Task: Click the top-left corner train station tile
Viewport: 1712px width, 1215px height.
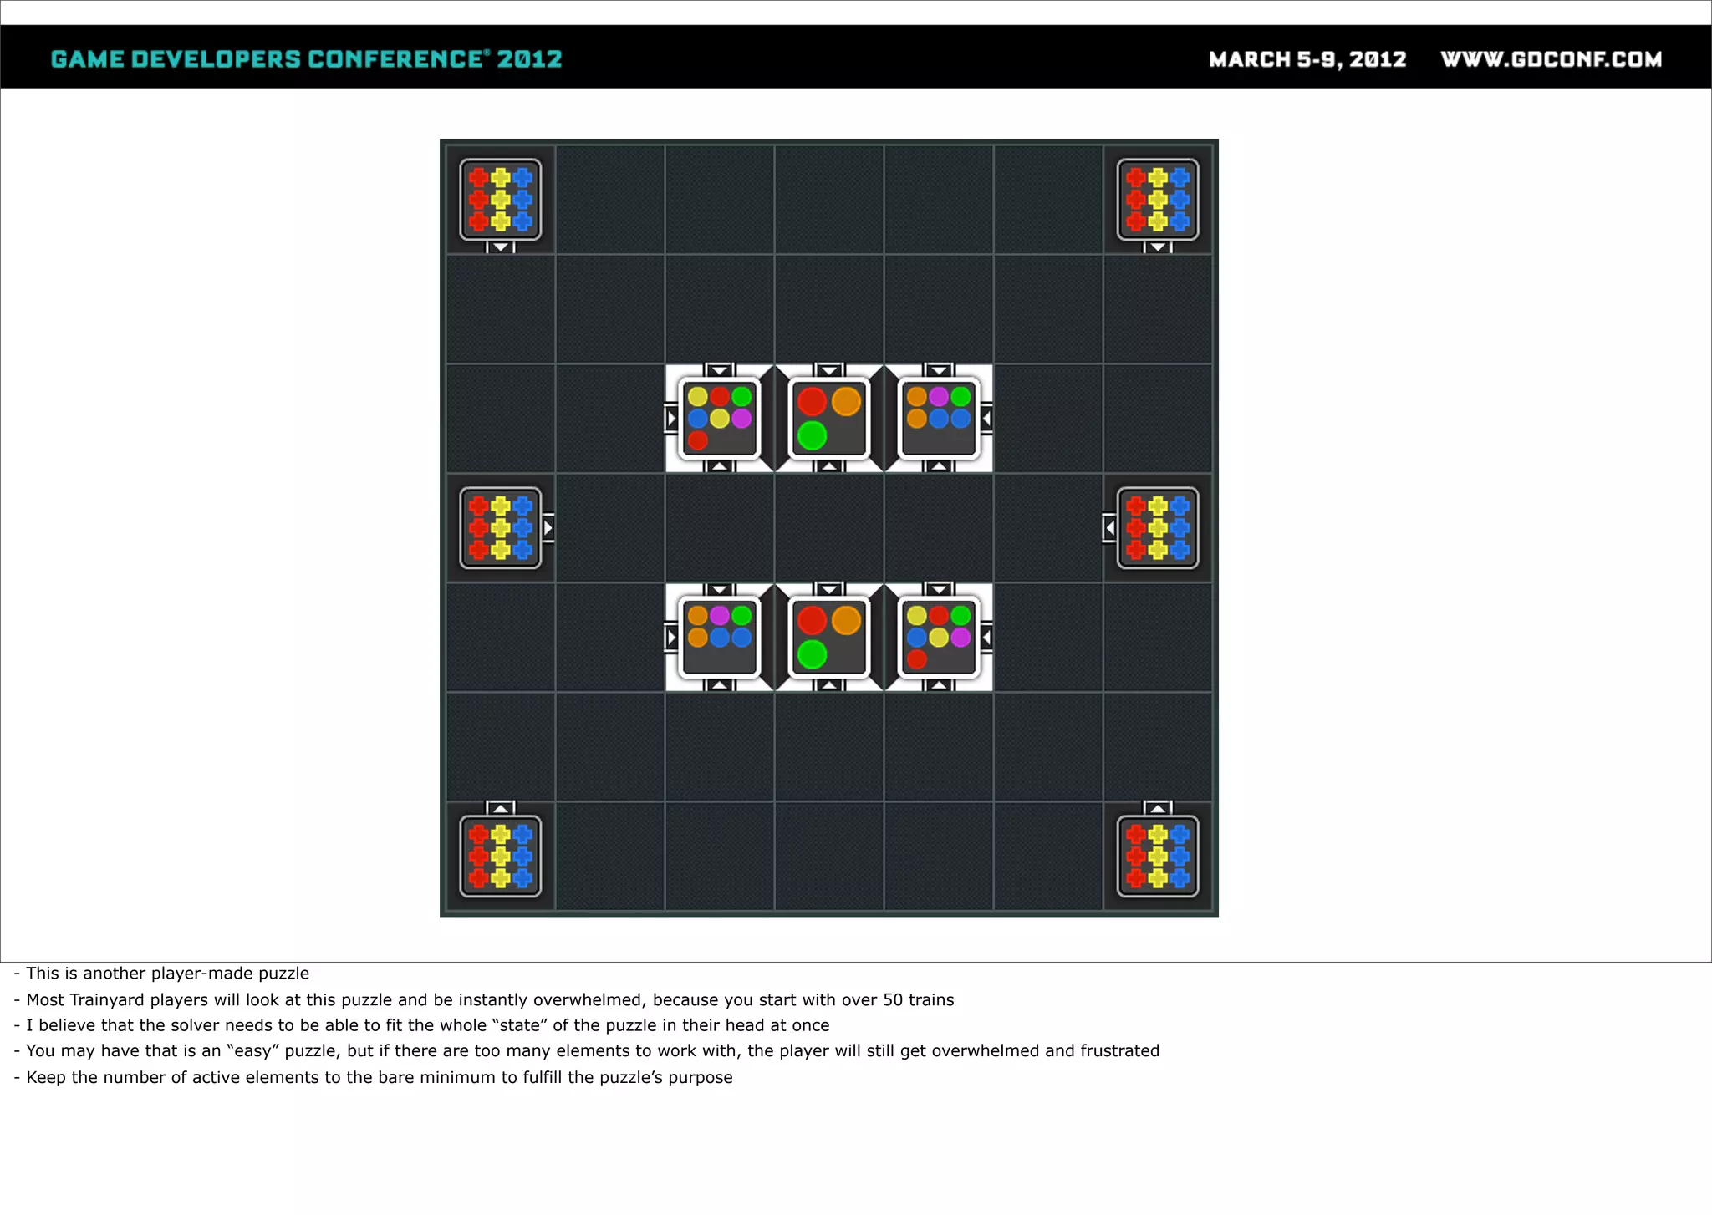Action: pos(500,200)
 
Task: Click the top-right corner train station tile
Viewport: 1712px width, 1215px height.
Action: pos(1158,200)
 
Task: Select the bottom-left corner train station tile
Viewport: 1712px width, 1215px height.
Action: pos(500,856)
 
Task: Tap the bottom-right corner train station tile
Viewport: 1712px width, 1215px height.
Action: pos(1158,856)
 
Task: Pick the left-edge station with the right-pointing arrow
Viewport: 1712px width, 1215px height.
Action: pos(500,528)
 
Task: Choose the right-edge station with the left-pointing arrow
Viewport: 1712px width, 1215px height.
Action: pos(1158,528)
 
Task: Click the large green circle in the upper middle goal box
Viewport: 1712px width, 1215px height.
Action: pos(812,435)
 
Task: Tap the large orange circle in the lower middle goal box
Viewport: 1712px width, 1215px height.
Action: pos(846,621)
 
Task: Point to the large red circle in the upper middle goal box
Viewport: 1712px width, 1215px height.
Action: pos(812,401)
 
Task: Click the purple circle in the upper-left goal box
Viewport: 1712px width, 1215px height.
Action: pos(741,418)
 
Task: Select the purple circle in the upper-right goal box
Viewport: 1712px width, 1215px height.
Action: pos(939,396)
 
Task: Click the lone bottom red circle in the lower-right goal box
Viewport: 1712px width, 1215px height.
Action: pos(917,659)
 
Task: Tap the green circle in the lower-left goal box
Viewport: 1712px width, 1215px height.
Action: pos(741,616)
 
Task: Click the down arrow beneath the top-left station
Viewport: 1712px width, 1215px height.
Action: pos(500,247)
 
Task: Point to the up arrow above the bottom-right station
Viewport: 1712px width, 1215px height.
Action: pos(1158,808)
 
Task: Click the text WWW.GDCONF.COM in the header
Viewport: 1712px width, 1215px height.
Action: pos(1551,59)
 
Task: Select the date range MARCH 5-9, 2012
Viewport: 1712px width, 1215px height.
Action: pos(1307,59)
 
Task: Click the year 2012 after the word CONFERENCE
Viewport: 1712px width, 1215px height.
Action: pos(529,59)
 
